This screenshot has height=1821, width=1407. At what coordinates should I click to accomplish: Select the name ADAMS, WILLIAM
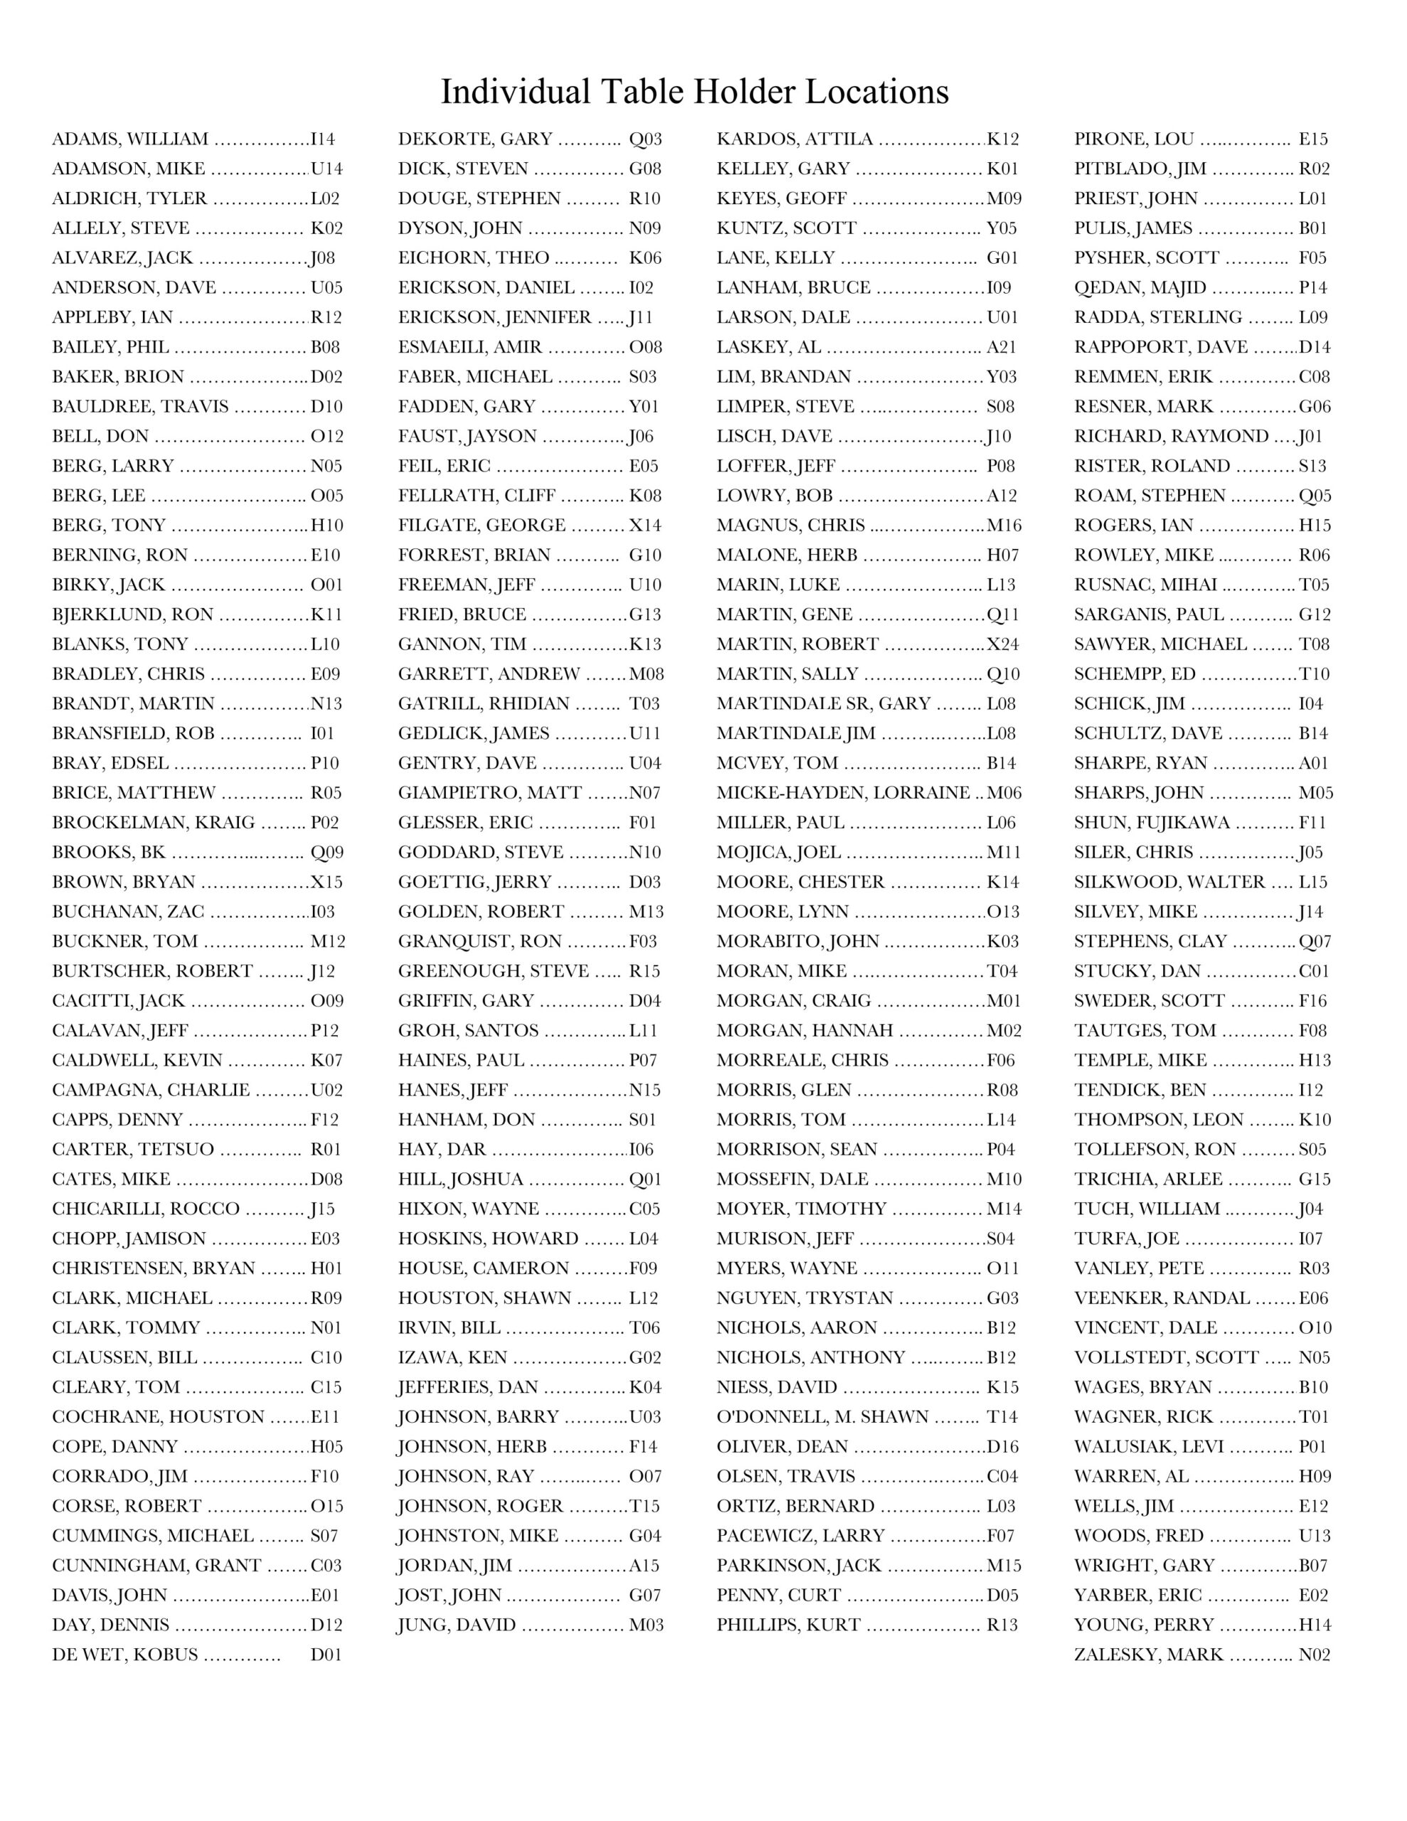pos(130,139)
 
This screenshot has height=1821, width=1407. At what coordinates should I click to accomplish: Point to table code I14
pos(323,139)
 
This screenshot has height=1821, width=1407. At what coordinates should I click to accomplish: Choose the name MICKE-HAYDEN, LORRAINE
pos(843,793)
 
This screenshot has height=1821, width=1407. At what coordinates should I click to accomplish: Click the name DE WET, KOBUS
pos(125,1655)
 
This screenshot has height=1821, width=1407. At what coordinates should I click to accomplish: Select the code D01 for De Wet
pos(326,1655)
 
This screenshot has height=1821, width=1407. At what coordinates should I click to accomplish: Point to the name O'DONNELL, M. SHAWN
pos(822,1417)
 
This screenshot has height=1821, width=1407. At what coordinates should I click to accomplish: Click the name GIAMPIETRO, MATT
pos(489,793)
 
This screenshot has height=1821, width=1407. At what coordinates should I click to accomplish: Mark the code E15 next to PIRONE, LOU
pos(1313,139)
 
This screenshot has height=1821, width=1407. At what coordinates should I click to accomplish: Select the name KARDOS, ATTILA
pos(794,139)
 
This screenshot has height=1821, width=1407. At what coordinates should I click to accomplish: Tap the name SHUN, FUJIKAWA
pos(1152,823)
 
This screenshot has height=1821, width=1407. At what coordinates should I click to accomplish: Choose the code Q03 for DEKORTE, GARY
pos(644,139)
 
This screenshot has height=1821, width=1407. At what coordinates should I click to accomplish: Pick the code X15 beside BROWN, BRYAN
pos(327,882)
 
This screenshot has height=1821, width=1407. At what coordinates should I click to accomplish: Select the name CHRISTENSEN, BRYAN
pos(154,1268)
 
